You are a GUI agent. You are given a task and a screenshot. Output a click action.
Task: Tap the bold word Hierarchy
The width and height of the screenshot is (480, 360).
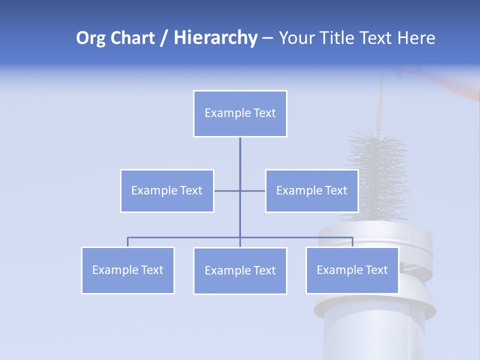pyautogui.click(x=215, y=38)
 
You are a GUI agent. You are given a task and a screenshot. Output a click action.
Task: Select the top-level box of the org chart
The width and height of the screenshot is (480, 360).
pyautogui.click(x=240, y=113)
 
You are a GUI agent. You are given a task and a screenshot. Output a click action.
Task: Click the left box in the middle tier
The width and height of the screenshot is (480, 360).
pyautogui.click(x=167, y=190)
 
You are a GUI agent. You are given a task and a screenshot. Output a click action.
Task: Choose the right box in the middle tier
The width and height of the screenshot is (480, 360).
pyautogui.click(x=311, y=190)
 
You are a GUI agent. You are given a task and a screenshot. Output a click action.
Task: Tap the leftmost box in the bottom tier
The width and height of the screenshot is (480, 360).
pyautogui.click(x=128, y=270)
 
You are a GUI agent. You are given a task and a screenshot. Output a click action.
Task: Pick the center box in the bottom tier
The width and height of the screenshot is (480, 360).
pyautogui.click(x=240, y=270)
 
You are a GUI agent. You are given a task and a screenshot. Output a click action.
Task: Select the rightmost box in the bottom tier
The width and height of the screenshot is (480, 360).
pyautogui.click(x=352, y=270)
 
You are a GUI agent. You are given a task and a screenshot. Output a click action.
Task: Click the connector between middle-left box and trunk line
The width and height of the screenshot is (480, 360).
pyautogui.click(x=227, y=191)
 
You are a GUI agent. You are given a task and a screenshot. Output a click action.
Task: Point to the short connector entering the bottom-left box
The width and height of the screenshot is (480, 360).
pyautogui.click(x=128, y=242)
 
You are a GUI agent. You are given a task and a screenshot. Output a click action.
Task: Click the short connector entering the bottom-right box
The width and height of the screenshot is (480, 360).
pyautogui.click(x=352, y=242)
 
